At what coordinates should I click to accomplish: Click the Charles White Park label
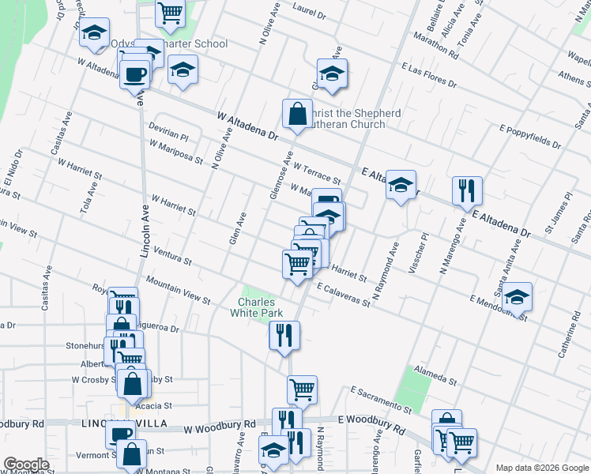[262, 307]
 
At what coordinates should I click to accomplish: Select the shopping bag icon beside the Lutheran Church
[297, 114]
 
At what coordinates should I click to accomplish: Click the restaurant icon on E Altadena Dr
[467, 190]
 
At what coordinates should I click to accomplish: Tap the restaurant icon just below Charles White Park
[283, 335]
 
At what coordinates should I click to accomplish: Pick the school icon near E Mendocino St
[518, 298]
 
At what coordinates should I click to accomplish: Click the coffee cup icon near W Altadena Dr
[134, 74]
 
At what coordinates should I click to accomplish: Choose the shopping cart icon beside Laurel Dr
[170, 13]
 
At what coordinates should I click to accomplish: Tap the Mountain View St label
[179, 291]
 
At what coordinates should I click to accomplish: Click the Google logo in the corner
[26, 465]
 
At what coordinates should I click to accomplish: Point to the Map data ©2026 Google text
[542, 468]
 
